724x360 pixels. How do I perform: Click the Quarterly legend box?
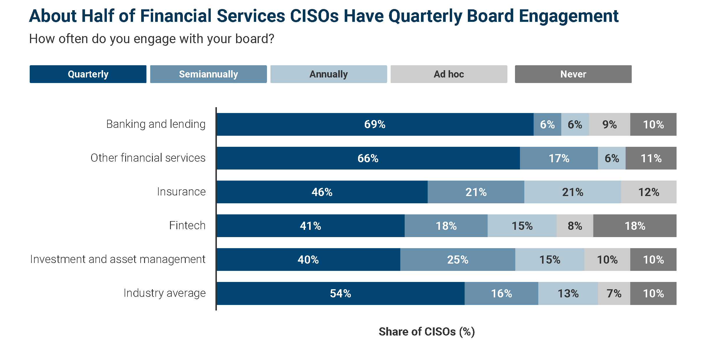click(x=88, y=74)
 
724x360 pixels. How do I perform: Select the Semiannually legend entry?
click(x=208, y=74)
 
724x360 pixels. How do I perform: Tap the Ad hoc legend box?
click(x=449, y=74)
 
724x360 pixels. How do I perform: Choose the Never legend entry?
click(x=573, y=74)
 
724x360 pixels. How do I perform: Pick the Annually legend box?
click(x=328, y=74)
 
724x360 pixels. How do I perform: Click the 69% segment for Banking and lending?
click(x=375, y=124)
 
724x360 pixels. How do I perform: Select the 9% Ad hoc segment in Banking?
click(x=609, y=124)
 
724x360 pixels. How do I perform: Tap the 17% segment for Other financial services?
click(x=559, y=158)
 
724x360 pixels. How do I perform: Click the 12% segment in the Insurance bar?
click(x=649, y=192)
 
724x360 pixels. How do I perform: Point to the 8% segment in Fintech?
click(x=575, y=226)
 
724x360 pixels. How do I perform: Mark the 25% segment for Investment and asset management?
click(x=458, y=260)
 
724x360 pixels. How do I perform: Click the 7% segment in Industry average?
click(x=614, y=293)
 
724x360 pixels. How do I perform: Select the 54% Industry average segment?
click(x=340, y=293)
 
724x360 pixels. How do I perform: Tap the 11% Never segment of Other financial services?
click(x=651, y=158)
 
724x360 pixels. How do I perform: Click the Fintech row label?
click(x=187, y=225)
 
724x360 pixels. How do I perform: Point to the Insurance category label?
click(x=181, y=192)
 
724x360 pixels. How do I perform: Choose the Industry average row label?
click(x=164, y=293)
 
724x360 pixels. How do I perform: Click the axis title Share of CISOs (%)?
click(x=426, y=331)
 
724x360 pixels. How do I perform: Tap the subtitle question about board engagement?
click(x=151, y=39)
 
